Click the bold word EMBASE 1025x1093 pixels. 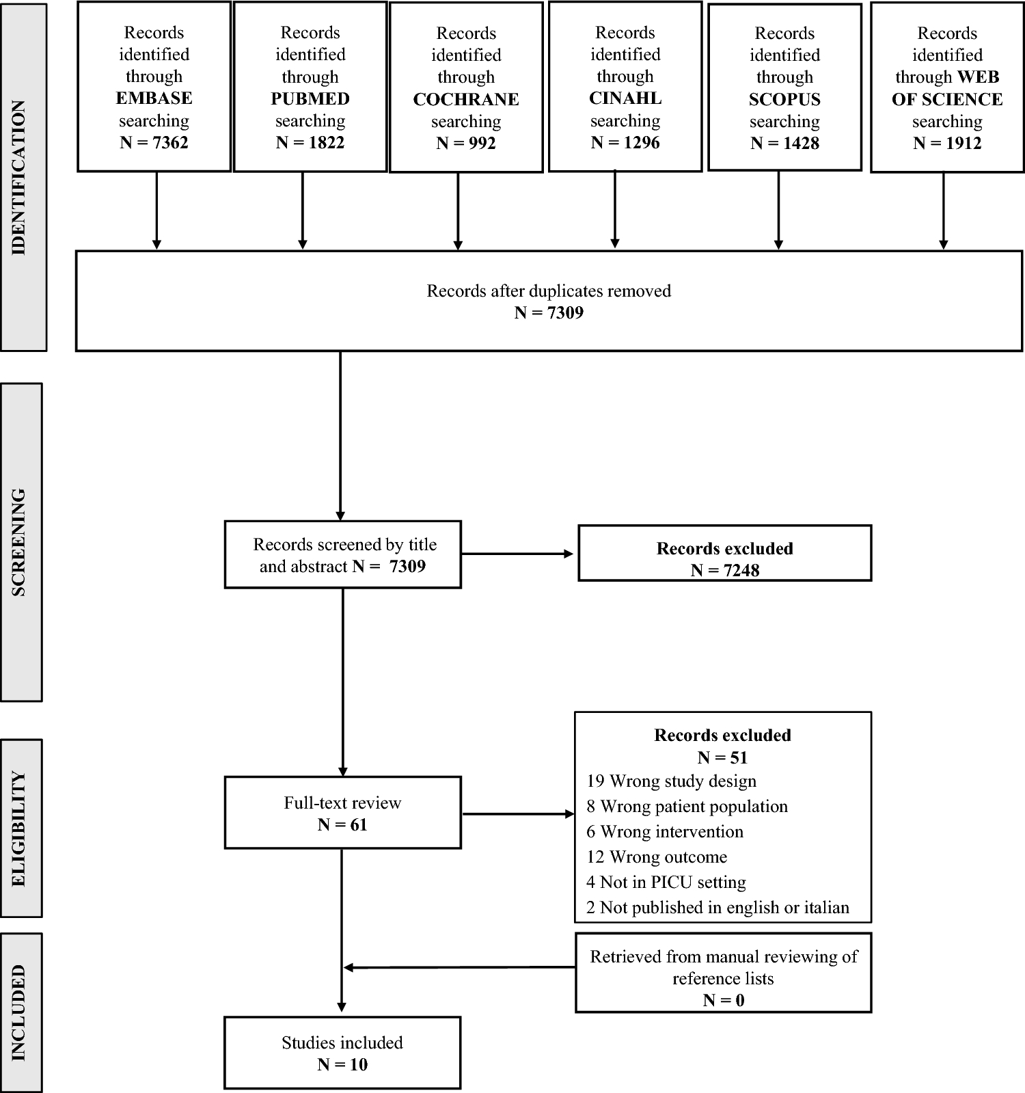(x=154, y=98)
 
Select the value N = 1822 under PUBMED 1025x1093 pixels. (x=310, y=143)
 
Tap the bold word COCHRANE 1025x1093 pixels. (x=466, y=100)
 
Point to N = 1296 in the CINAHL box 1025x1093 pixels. (x=625, y=143)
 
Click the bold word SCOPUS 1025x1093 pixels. (x=784, y=100)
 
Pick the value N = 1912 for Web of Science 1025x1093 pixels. (x=947, y=144)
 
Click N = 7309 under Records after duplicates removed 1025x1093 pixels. (x=549, y=313)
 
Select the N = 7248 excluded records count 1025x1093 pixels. (x=724, y=570)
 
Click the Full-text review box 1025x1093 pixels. (x=342, y=813)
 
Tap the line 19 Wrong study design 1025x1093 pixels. (x=671, y=781)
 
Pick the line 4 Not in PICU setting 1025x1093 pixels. (x=666, y=882)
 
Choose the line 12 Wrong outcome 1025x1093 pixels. (x=656, y=857)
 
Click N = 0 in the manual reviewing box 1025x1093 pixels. (x=723, y=1000)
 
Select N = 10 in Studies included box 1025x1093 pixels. (x=342, y=1064)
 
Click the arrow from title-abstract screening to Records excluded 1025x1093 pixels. (x=518, y=554)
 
